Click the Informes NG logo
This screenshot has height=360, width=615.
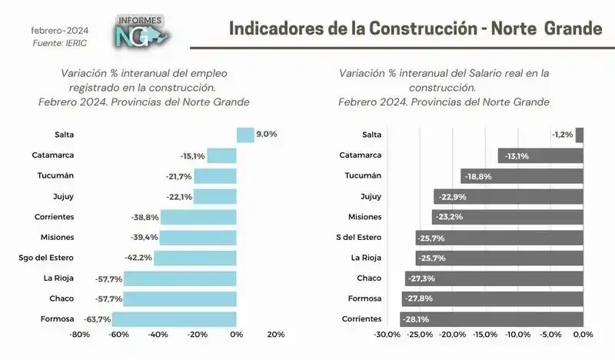142,31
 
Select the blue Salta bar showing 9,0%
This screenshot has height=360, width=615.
245,135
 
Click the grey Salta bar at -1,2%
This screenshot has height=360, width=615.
580,135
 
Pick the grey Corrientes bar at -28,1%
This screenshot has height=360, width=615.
492,318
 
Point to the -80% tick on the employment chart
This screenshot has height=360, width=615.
80,335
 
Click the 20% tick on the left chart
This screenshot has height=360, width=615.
275,335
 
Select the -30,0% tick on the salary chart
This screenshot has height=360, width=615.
387,335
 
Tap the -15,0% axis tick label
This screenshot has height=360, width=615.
485,335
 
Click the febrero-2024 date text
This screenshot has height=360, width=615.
59,30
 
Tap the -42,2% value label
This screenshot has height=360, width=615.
138,258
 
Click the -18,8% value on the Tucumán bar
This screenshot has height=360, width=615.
476,176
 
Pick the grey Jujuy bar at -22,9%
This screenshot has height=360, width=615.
509,196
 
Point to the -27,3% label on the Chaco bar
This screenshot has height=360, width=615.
422,278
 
